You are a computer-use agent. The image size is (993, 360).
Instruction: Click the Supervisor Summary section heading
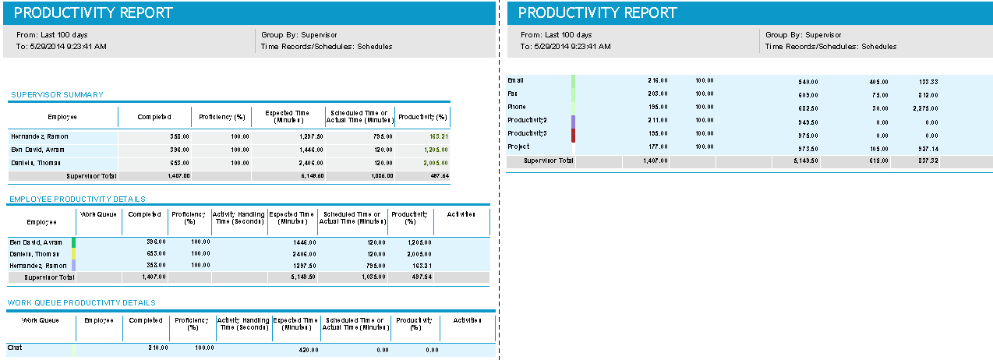57,95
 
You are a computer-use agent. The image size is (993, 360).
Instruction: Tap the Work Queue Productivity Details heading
81,302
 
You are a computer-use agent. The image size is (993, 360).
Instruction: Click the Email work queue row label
516,80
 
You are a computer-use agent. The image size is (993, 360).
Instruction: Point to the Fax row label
513,94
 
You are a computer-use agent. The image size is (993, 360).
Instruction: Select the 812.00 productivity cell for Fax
928,94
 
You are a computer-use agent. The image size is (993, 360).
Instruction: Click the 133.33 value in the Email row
928,80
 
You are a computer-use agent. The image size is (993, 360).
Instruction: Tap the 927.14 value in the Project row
928,146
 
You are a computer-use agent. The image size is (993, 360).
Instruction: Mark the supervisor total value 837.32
928,161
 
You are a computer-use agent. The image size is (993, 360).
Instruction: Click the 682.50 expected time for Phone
808,107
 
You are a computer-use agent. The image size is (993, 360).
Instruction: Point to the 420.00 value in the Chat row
309,350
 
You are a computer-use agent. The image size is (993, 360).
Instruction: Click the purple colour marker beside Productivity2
573,121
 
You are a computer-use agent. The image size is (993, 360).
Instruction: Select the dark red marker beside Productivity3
573,134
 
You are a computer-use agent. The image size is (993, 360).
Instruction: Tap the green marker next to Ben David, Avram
74,242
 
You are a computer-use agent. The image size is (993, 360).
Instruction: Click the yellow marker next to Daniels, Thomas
74,254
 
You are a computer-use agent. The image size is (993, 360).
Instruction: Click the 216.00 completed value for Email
658,80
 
